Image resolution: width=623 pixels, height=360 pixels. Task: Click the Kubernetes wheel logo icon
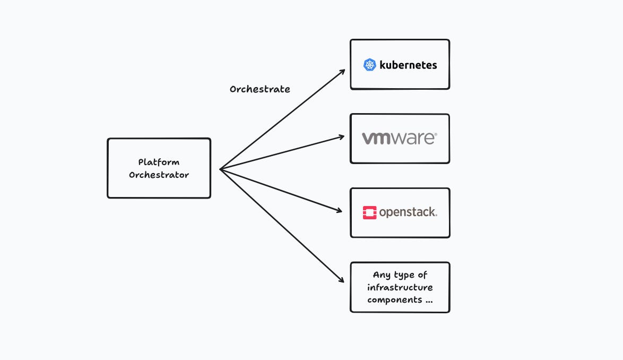point(370,65)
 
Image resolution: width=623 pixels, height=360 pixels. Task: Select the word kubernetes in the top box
point(408,65)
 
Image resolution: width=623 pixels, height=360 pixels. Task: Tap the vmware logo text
point(399,138)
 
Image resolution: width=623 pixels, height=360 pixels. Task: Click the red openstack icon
point(369,212)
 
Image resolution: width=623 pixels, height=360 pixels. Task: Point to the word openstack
point(407,212)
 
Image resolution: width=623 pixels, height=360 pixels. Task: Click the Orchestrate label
point(259,89)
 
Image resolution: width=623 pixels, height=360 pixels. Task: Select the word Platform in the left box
point(159,162)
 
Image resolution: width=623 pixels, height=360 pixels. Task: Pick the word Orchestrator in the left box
point(159,175)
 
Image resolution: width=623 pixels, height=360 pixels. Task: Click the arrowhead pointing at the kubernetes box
point(343,72)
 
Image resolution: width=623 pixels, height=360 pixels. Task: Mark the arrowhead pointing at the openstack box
point(340,211)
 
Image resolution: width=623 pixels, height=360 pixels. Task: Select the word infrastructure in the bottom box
point(400,287)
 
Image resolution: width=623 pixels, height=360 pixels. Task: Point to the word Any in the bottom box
point(382,275)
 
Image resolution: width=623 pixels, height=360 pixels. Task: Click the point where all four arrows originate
point(220,169)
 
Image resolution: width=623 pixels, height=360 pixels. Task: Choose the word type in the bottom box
point(404,275)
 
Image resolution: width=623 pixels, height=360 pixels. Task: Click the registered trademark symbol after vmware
point(435,135)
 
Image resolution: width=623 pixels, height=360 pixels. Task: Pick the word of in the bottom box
point(422,275)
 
